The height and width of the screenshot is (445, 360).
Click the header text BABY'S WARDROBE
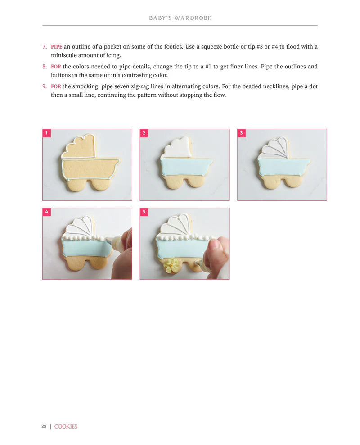pos(180,18)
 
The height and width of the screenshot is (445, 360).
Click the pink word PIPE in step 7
pos(56,46)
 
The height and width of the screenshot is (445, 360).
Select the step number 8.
pos(45,67)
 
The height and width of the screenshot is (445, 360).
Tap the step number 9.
pos(45,86)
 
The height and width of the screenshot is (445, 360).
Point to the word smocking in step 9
pos(85,86)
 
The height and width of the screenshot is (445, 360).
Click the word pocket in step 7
pos(112,46)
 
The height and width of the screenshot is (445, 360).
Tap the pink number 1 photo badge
pos(47,133)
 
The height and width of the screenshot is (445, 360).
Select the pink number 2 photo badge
pos(144,133)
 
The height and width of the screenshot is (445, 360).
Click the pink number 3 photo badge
pos(241,133)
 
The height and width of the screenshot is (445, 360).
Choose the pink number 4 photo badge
pos(47,212)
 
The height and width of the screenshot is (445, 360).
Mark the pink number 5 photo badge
pos(144,212)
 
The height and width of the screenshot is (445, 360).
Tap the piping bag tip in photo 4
pos(108,241)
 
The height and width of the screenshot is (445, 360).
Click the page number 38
pos(44,427)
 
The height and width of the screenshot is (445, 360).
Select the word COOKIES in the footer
pos(66,427)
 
